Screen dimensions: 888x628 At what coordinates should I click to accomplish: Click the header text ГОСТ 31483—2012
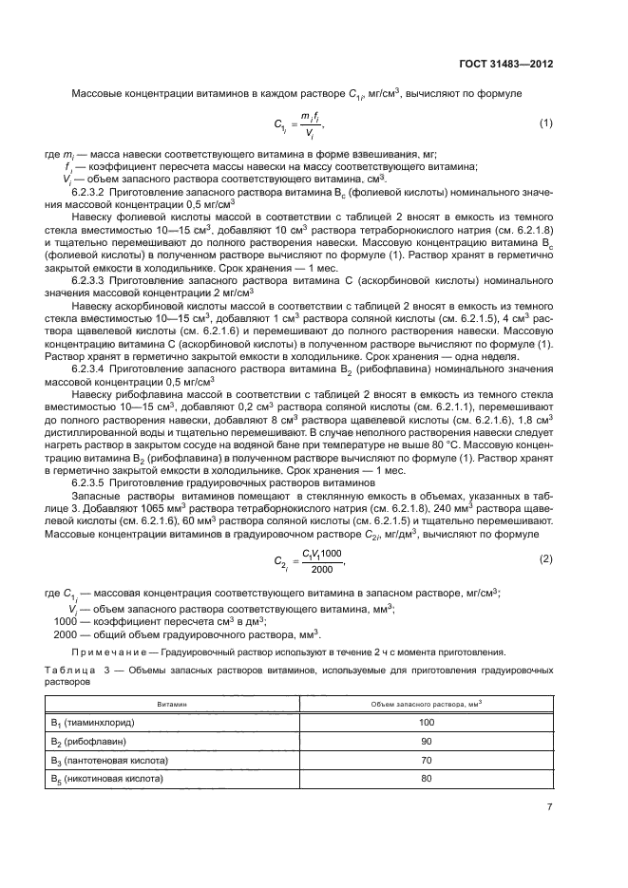point(507,65)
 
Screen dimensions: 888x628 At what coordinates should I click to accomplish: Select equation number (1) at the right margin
point(546,123)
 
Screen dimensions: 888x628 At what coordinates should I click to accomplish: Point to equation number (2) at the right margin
point(546,558)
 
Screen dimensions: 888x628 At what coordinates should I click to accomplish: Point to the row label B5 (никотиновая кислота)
point(106,779)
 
